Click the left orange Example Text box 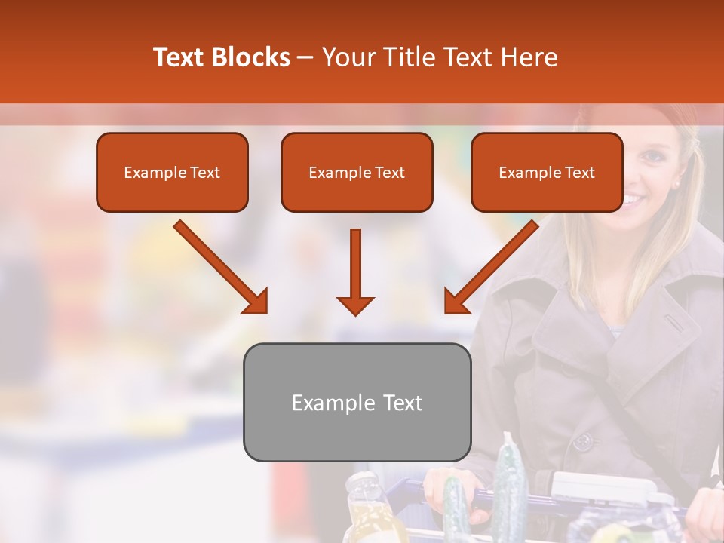(172, 173)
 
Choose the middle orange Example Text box (357, 173)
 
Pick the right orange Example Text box (547, 173)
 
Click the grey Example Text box (357, 403)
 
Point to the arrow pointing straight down (355, 271)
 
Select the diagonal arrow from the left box (221, 267)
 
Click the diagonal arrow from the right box (491, 267)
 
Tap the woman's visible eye (650, 155)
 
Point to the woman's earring (676, 183)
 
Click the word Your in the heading (348, 57)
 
